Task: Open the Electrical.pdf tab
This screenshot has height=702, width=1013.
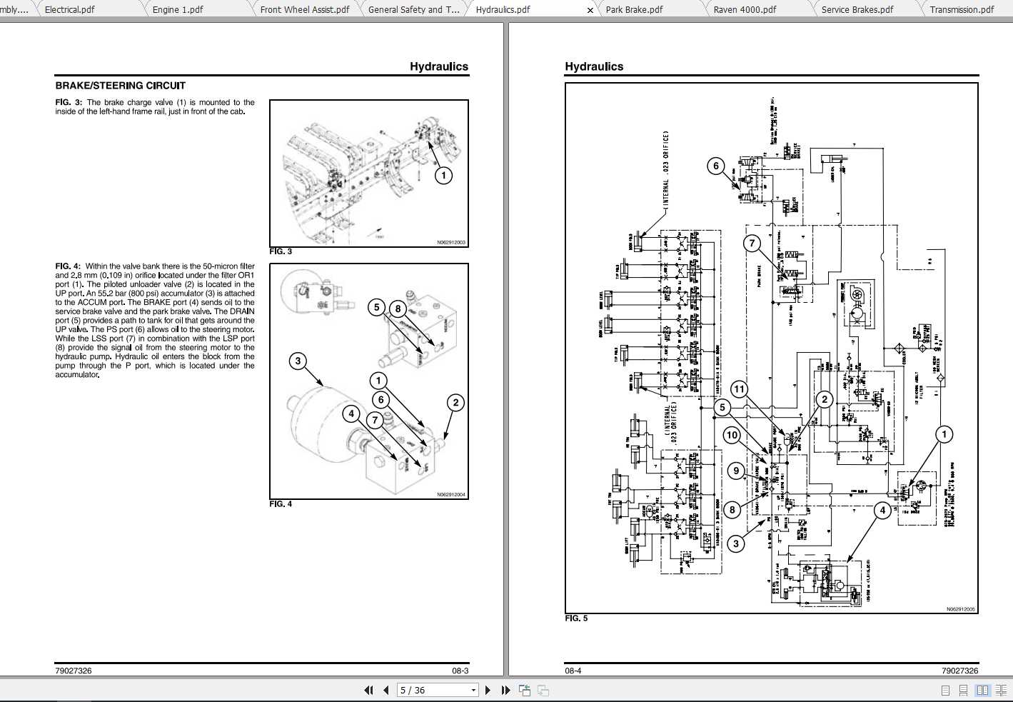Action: pos(69,9)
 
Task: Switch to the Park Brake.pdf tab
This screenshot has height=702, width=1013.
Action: pos(634,9)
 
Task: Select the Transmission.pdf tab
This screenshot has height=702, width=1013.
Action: pos(961,9)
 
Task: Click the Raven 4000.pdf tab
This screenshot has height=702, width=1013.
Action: pos(745,9)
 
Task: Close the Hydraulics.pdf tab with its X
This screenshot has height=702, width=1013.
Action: pos(590,10)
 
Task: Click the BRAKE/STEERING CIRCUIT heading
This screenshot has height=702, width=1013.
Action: pos(120,86)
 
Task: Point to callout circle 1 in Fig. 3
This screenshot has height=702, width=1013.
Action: pos(443,176)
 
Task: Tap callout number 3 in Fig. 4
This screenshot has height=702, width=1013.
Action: pos(298,361)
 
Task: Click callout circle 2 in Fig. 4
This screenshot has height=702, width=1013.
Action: pos(455,403)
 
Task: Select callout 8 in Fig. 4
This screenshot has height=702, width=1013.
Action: pos(398,309)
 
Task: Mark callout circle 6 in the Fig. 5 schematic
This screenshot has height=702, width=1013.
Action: pos(716,166)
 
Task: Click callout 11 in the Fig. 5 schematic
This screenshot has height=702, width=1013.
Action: pos(739,389)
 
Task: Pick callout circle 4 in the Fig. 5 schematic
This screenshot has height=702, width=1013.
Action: pos(882,510)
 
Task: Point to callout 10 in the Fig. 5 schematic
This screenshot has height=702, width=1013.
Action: pos(732,435)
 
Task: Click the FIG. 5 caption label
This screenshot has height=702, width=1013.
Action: pos(576,618)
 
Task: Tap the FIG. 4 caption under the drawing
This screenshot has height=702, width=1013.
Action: pos(281,504)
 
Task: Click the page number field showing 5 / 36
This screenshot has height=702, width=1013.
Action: pos(435,690)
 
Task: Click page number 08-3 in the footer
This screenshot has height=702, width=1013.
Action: pos(460,671)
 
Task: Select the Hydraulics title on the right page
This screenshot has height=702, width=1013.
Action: pos(594,66)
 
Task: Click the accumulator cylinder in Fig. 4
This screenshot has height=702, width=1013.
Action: pos(318,421)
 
